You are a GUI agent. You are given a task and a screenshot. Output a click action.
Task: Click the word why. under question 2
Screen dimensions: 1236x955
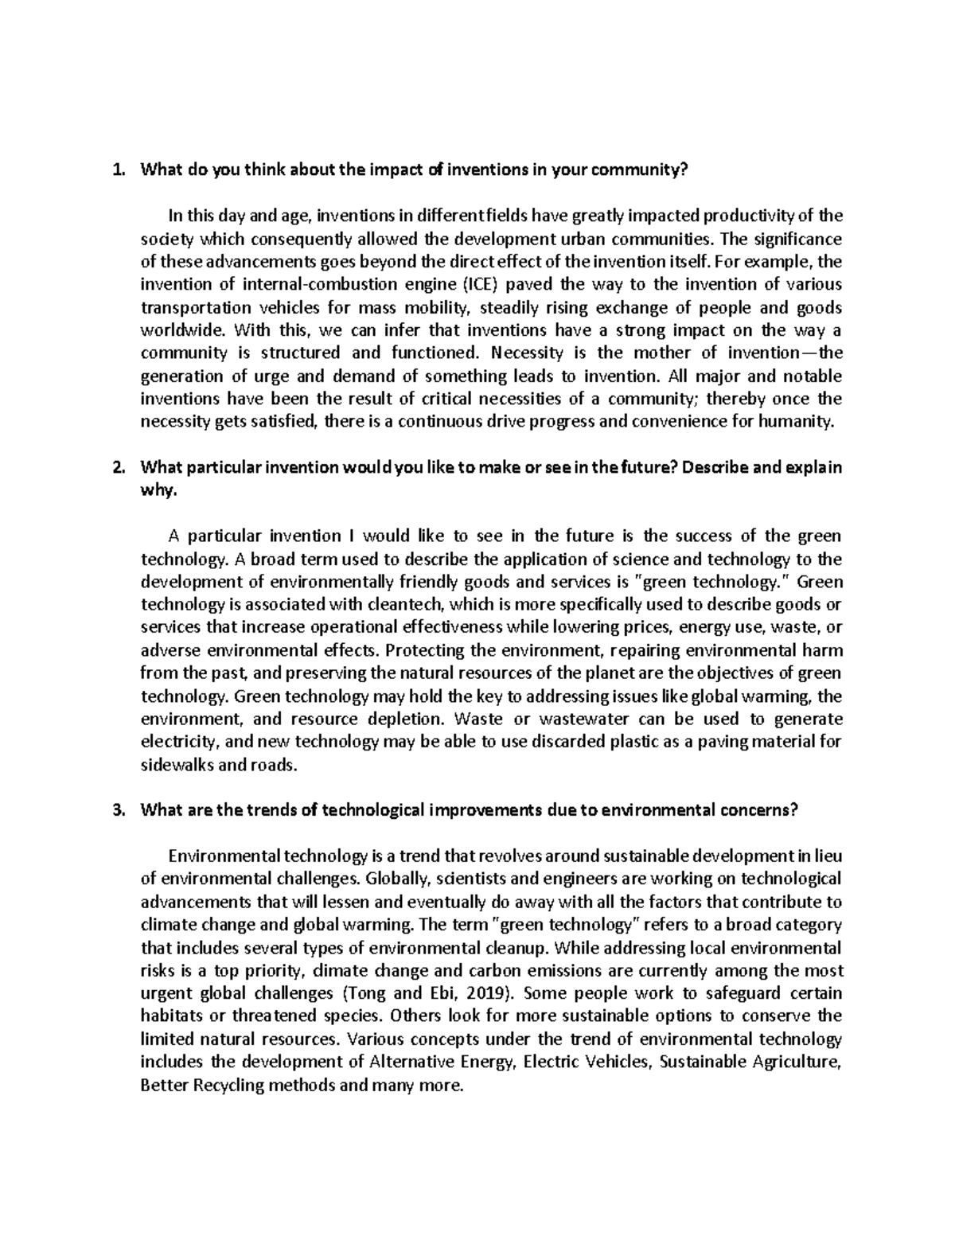156,490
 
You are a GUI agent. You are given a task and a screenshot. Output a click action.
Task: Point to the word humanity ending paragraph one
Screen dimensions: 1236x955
803,421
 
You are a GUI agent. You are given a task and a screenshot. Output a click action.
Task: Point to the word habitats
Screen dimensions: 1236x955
168,1016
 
